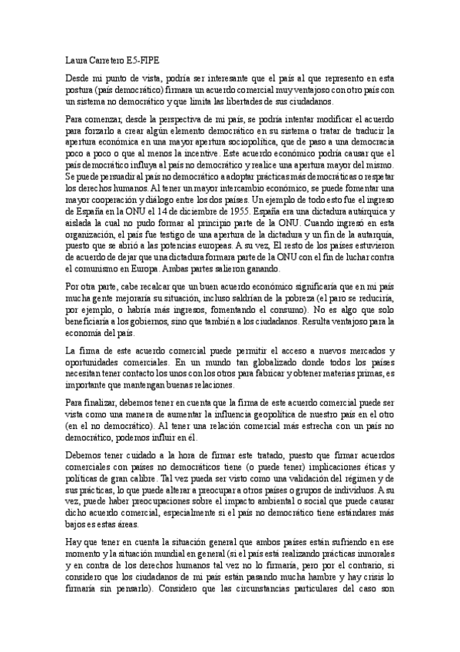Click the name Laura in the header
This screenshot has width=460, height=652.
tap(75, 58)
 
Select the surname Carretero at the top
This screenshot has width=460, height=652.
tap(109, 58)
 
